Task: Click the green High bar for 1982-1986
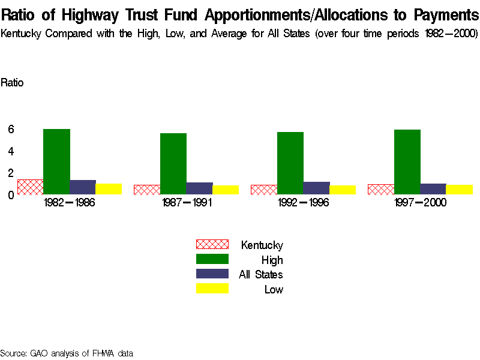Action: (x=56, y=161)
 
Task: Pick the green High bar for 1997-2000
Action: (x=407, y=161)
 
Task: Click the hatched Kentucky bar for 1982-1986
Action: (x=30, y=187)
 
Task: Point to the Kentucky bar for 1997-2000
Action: (x=380, y=189)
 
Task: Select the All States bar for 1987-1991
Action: (x=199, y=188)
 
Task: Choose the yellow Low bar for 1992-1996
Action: (x=343, y=190)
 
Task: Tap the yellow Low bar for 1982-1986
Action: (x=109, y=188)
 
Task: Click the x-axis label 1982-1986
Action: (x=70, y=203)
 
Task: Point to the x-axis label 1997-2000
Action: (x=420, y=203)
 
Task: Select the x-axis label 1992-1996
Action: (x=304, y=203)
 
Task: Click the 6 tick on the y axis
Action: (x=11, y=129)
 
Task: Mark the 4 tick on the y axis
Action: (x=11, y=151)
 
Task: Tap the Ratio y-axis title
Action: (x=12, y=83)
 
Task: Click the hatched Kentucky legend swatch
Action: (x=212, y=244)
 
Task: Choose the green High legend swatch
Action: (x=212, y=259)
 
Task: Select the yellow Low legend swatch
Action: (x=212, y=289)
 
